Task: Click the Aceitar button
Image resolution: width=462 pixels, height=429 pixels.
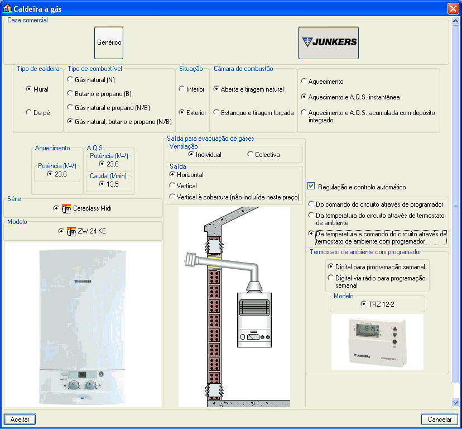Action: (x=20, y=419)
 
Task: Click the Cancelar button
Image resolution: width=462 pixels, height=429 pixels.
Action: (x=439, y=419)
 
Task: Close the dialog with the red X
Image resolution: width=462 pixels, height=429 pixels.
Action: (x=453, y=9)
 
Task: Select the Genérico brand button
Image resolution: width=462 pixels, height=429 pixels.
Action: (x=109, y=43)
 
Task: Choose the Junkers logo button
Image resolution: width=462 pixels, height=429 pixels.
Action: (x=329, y=43)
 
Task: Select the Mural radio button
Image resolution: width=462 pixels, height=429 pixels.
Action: (x=29, y=89)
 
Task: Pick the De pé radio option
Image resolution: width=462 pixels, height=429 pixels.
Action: (x=29, y=112)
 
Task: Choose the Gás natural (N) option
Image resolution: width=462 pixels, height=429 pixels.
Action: (x=70, y=80)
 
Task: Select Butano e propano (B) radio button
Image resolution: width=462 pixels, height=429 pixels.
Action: (x=70, y=94)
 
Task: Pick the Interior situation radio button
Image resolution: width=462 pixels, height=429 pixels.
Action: (x=182, y=89)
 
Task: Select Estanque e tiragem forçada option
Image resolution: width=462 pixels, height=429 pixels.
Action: (x=216, y=112)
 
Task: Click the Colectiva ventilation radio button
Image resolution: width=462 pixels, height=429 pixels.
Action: (x=250, y=154)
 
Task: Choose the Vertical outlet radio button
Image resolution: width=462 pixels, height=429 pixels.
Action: (x=172, y=185)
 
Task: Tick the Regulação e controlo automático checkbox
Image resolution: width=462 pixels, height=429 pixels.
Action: (x=311, y=187)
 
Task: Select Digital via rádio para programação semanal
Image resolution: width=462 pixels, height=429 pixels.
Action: (x=331, y=278)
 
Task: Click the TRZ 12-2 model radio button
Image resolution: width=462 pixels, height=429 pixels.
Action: (x=364, y=304)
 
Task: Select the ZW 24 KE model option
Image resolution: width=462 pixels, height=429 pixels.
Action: (x=61, y=231)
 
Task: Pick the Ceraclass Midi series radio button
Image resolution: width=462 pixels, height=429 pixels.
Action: (x=56, y=208)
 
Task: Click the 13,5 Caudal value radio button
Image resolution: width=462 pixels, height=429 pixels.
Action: (x=102, y=183)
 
